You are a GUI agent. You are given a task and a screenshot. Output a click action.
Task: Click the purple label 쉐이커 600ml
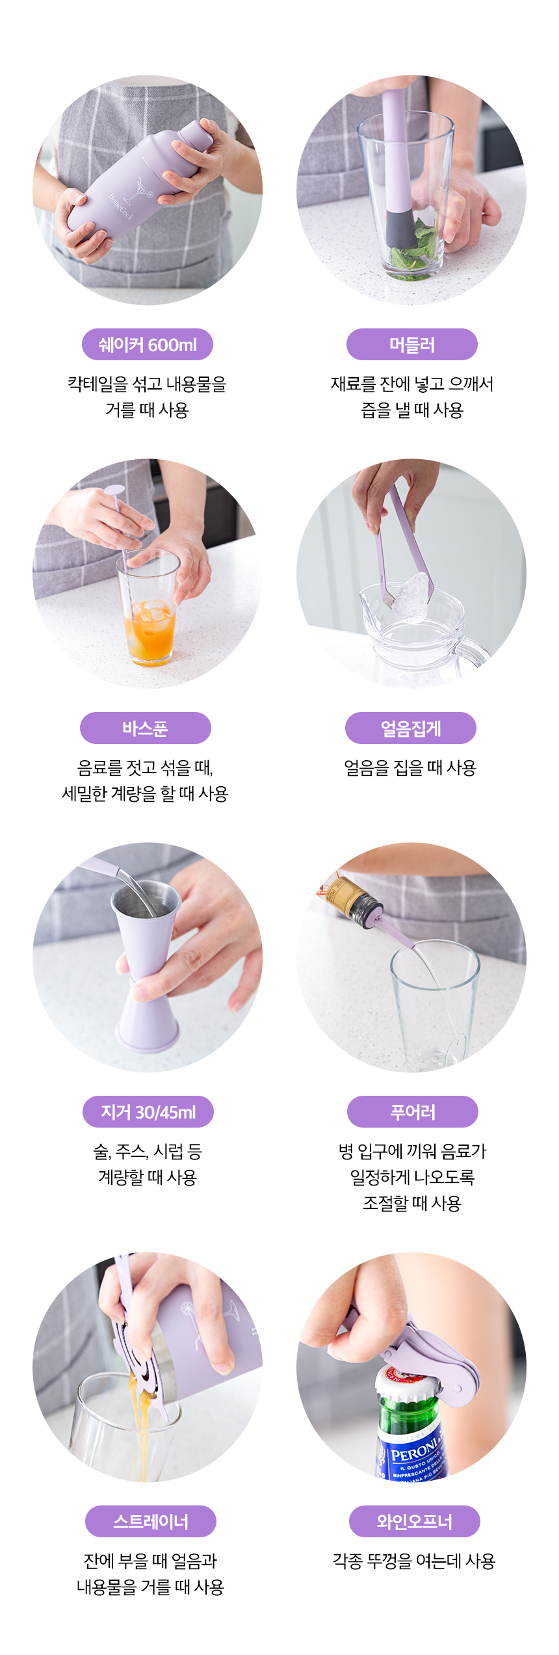[x=148, y=345]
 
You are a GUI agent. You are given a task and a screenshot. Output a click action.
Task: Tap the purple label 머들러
[x=412, y=345]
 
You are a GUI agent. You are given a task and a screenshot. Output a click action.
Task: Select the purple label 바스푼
[x=146, y=728]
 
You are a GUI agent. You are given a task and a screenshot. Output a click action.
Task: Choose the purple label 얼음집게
[x=411, y=728]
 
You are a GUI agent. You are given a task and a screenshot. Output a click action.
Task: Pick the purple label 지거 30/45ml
[x=148, y=1112]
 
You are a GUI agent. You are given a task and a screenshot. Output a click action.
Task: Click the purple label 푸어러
[x=413, y=1112]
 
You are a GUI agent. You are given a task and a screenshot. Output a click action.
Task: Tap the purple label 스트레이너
[x=151, y=1522]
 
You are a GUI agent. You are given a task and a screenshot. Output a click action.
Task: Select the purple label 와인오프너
[x=415, y=1522]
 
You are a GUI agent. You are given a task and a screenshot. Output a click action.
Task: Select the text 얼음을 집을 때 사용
[x=411, y=768]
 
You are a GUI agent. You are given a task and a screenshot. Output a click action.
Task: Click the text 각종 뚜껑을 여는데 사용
[x=414, y=1561]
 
